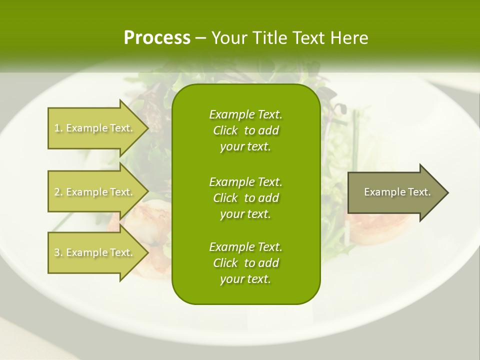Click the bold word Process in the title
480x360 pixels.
tap(157, 38)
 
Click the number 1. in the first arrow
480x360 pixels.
tap(58, 128)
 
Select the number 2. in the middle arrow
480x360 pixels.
tap(58, 192)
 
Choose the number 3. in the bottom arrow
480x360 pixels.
tap(58, 252)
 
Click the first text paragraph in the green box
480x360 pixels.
tap(245, 130)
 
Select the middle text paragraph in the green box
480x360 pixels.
tap(245, 197)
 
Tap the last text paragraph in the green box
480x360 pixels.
tap(245, 263)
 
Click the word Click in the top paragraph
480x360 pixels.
tap(225, 130)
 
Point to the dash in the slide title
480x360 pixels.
tap(200, 38)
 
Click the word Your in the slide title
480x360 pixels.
tap(228, 38)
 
